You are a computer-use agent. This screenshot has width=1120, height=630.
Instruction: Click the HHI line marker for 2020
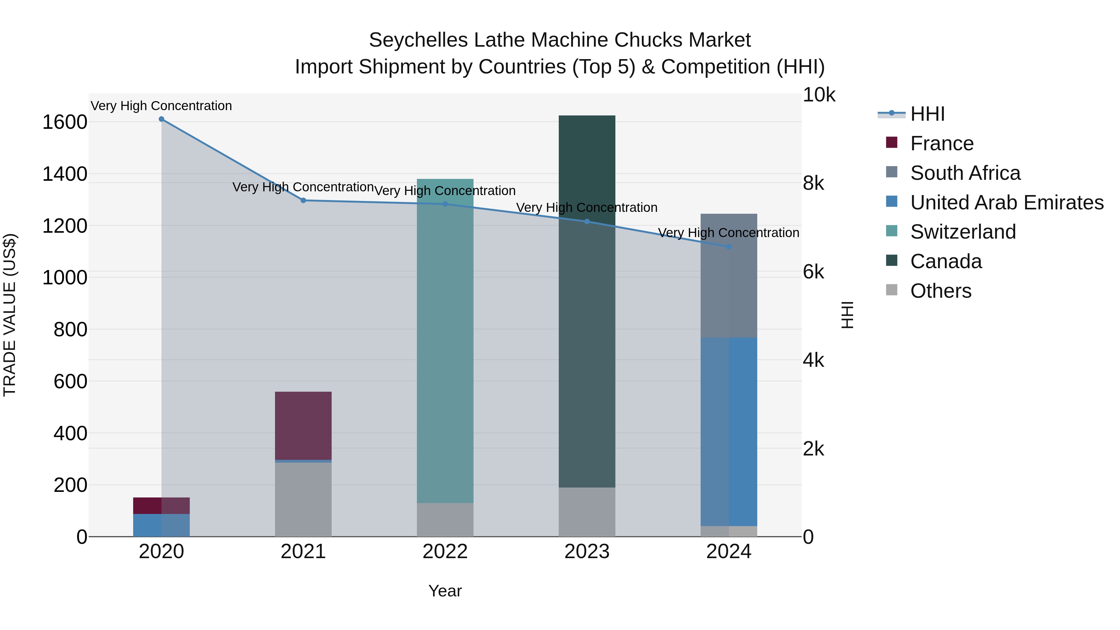point(161,119)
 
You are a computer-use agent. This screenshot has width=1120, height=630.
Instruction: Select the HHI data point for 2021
point(303,200)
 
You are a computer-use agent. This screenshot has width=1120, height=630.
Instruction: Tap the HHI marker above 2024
point(729,247)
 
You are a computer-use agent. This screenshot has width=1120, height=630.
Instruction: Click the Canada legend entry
point(946,262)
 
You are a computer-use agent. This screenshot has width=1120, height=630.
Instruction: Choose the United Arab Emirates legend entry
point(1006,203)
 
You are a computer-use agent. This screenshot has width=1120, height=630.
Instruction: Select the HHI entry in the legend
point(927,114)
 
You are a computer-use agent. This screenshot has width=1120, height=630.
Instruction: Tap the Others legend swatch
point(891,290)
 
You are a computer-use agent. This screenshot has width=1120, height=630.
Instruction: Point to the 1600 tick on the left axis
point(65,122)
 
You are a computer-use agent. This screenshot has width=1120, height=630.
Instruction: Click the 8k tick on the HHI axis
point(813,184)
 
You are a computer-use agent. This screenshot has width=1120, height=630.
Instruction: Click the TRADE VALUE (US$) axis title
point(10,315)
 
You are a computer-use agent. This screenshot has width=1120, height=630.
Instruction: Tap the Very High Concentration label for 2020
point(161,106)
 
